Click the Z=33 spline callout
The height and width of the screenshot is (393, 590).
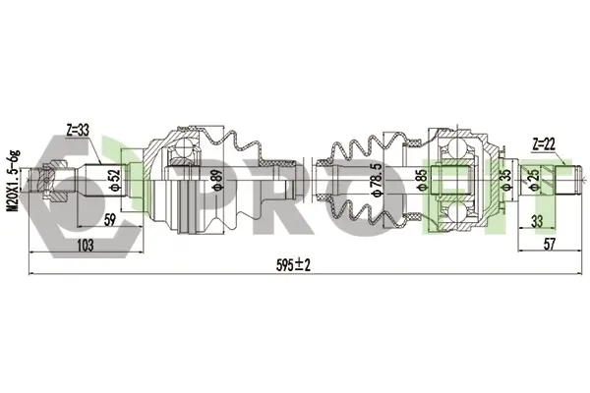click(x=78, y=131)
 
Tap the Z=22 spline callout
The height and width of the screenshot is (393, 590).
click(x=544, y=144)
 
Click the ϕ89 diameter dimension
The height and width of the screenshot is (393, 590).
click(x=217, y=180)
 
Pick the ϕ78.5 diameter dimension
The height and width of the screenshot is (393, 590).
click(x=377, y=180)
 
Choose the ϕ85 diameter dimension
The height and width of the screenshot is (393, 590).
click(x=422, y=180)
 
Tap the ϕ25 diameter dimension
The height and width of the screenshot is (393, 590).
click(x=534, y=180)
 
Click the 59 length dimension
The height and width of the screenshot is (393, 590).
click(x=109, y=220)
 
